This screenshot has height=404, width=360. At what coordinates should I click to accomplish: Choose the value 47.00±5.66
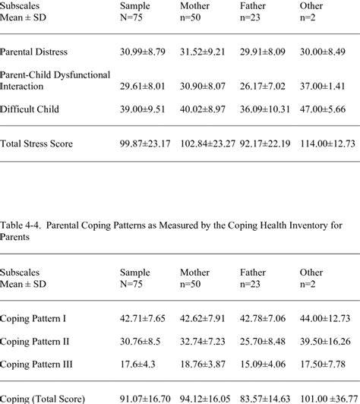[325, 109]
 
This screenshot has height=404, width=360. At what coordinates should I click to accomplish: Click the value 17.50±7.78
[325, 365]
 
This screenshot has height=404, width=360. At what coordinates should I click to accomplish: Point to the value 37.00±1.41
[325, 86]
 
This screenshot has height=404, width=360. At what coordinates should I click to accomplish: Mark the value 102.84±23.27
[210, 144]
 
